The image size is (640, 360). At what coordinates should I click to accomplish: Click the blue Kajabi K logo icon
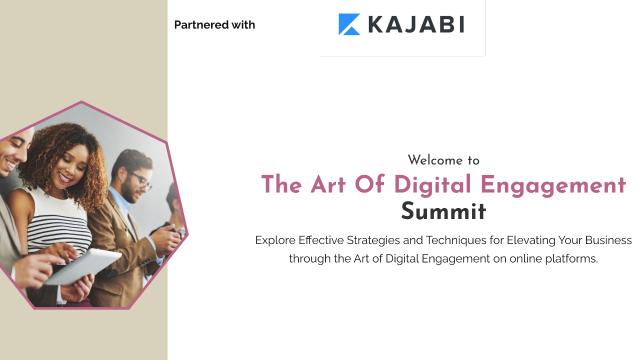coord(349,24)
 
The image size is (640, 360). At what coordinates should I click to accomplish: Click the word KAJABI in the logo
coord(416,24)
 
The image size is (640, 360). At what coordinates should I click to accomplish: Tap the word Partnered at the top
coord(201,25)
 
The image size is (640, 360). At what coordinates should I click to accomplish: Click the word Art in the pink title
coord(328,184)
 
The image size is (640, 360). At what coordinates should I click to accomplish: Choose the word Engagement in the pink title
coord(553,185)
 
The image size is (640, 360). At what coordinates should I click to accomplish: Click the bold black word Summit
coord(443,211)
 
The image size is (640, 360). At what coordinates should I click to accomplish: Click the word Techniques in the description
coord(456,240)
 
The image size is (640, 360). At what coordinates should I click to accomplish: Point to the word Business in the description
coord(608,240)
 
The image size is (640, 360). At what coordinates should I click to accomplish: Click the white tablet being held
coord(83,266)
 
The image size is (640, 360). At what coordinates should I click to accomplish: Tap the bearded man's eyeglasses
coord(140,180)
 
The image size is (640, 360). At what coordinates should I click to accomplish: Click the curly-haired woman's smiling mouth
coord(65,177)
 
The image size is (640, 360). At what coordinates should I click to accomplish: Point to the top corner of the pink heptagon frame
coord(81,101)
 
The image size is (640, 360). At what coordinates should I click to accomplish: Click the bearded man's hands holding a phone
coord(165,239)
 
